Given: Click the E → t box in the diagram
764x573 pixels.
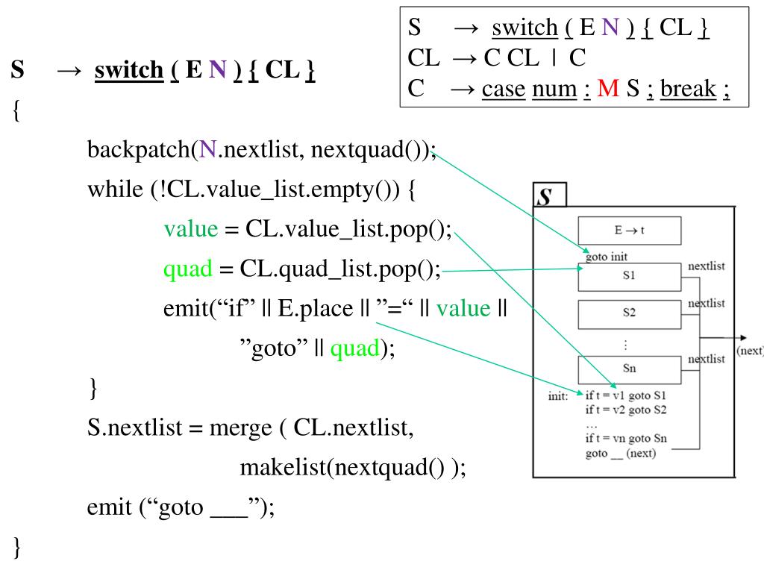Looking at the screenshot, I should (629, 231).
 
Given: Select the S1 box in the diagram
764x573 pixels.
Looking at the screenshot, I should (629, 276).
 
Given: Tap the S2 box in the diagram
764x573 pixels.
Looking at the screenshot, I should (629, 313).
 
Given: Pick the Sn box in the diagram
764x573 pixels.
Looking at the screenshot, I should (629, 369).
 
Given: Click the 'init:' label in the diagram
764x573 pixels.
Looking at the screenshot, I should (558, 396).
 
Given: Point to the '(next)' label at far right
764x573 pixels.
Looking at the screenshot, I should (749, 351).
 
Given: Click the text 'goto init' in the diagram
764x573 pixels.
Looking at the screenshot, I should (606, 257).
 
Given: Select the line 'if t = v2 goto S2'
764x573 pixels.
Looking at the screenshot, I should (626, 410).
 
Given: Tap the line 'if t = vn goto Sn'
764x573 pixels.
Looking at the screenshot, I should (626, 439).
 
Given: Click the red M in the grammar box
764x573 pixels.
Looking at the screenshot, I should (608, 89).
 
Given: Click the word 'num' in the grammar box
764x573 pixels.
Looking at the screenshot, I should (554, 89).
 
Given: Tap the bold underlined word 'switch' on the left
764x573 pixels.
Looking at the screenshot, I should (129, 70).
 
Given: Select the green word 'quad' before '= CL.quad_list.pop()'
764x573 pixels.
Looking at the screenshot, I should (188, 269).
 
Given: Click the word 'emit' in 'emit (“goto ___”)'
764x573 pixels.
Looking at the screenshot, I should (110, 507).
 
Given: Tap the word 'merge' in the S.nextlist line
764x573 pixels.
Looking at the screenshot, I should (237, 428).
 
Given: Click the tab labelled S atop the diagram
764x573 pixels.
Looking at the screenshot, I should (547, 196).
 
